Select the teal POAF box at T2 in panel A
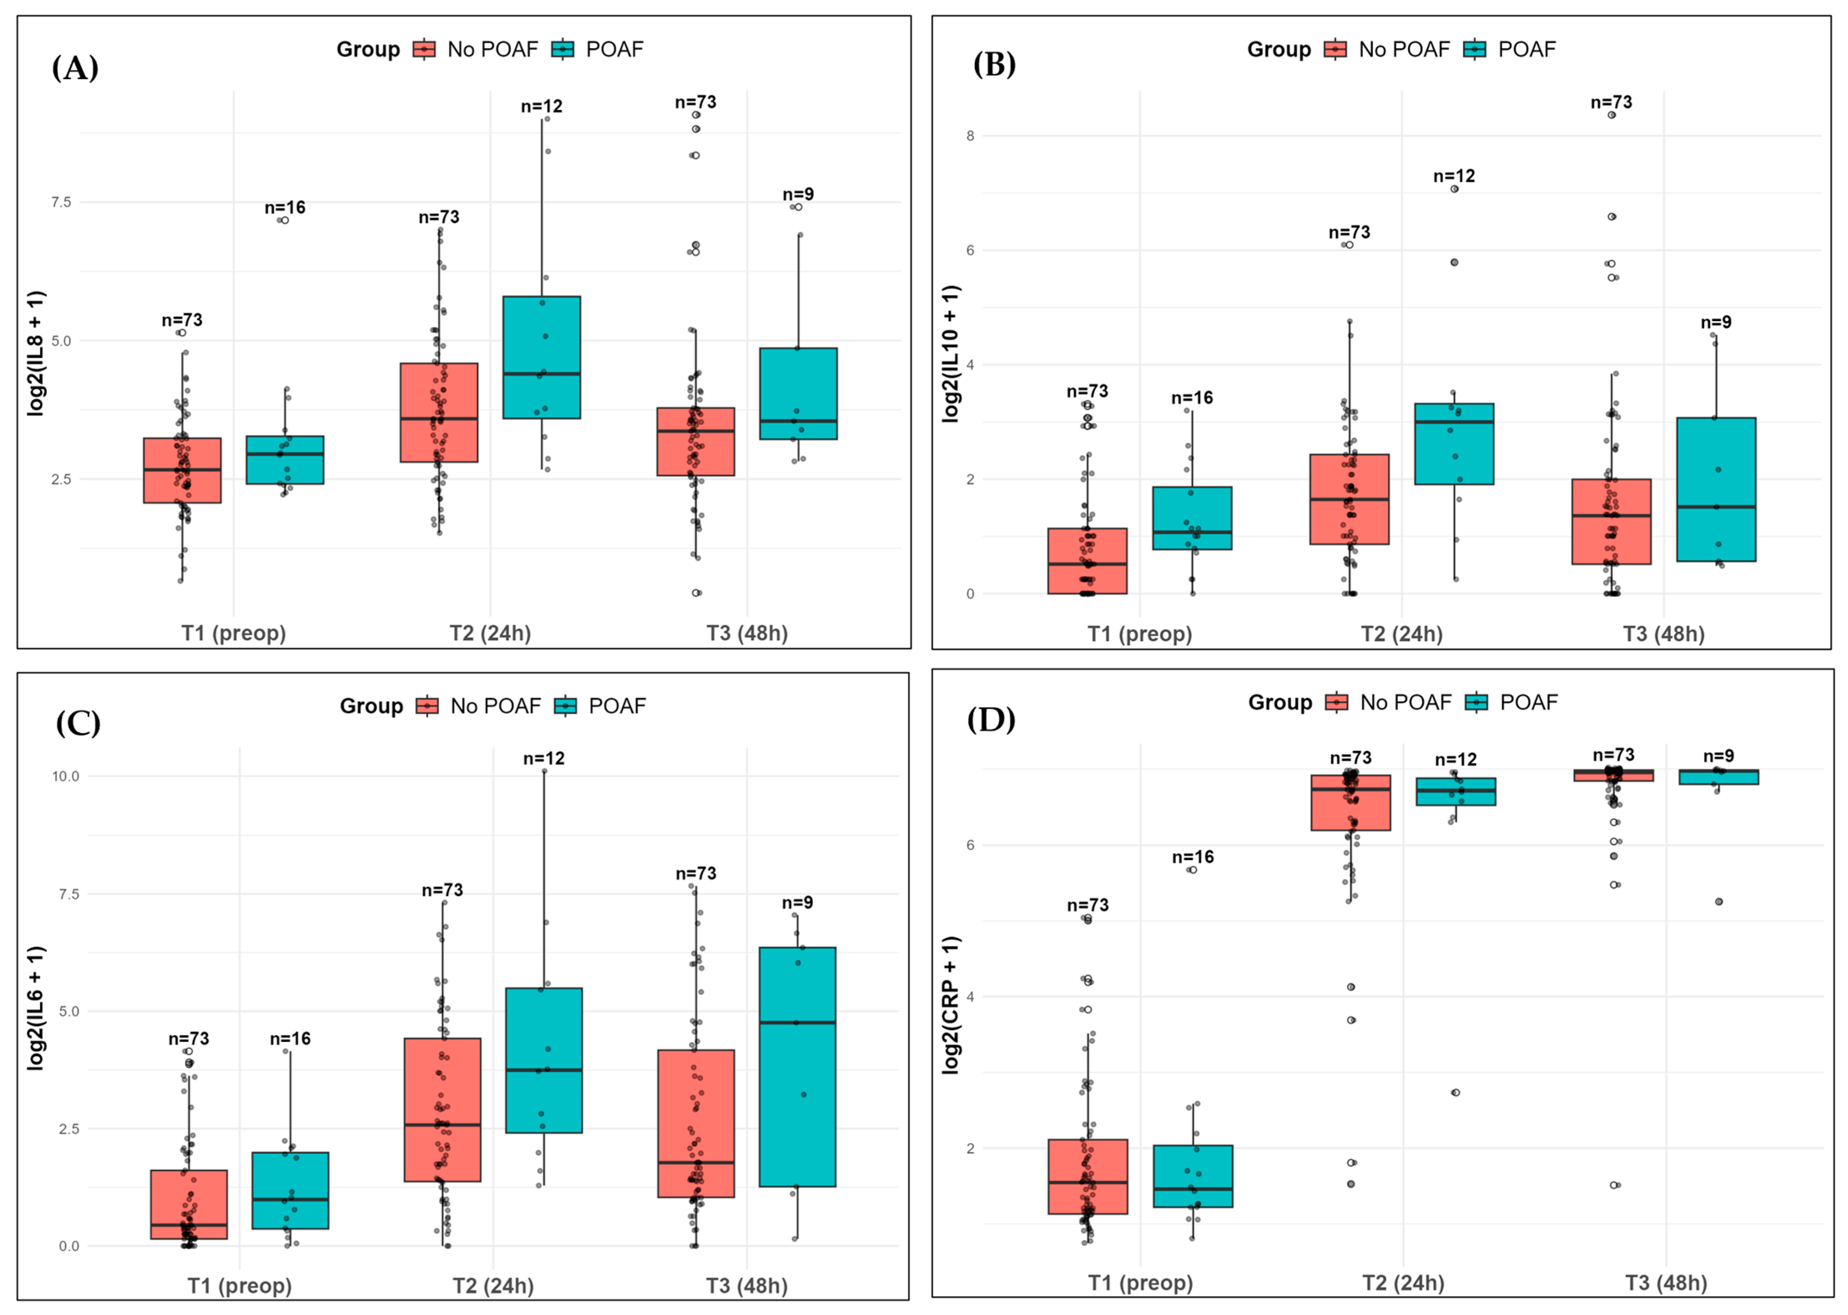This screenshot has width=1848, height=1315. [x=541, y=357]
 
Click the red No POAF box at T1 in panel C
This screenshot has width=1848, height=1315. [x=189, y=1204]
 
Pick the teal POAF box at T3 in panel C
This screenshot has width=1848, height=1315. [x=798, y=1066]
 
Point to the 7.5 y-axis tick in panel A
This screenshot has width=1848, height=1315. [x=62, y=202]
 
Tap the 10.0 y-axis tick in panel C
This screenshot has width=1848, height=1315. [x=65, y=776]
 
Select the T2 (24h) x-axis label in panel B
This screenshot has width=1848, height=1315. [x=1402, y=634]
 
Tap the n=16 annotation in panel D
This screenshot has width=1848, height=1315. [x=1193, y=857]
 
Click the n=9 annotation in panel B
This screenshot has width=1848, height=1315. [x=1716, y=322]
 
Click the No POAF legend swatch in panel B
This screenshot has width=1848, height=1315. [x=1334, y=49]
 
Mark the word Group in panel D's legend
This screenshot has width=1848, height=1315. [x=1279, y=702]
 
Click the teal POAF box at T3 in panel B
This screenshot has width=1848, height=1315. [x=1716, y=489]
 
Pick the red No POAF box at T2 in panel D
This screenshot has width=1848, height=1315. [x=1351, y=802]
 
